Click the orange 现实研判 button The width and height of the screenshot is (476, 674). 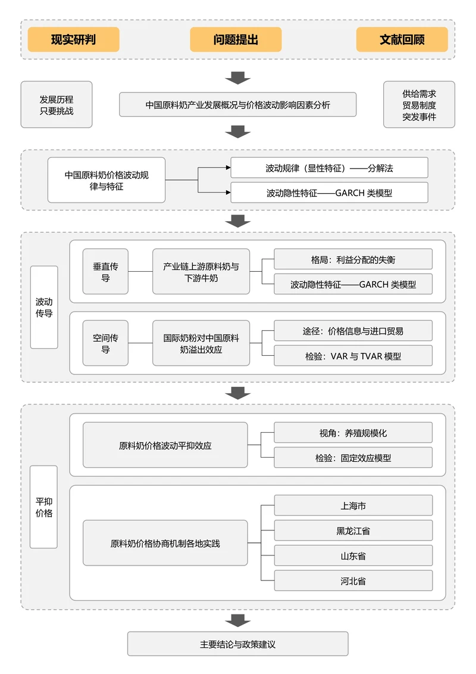73,40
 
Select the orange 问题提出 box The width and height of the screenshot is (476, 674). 236,40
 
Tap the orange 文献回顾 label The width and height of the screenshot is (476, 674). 402,40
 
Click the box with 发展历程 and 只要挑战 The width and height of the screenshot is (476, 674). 57,105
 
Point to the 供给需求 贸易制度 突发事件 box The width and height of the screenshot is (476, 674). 419,105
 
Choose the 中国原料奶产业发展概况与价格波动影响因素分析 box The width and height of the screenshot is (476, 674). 237,105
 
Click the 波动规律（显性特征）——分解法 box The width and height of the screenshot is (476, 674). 329,168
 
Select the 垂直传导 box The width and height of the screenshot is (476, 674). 105,272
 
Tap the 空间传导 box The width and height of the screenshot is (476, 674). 105,343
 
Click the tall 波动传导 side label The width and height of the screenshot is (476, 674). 44,307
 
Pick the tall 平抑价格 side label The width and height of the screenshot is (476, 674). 44,507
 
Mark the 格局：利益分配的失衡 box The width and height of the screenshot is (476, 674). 353,260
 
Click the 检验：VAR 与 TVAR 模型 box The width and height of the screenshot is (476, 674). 353,356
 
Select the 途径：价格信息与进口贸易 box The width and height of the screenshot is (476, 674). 353,331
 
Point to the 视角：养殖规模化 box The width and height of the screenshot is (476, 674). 353,433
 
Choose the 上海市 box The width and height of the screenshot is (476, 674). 353,506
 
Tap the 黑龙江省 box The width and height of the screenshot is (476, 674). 353,530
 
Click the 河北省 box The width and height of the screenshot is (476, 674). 353,580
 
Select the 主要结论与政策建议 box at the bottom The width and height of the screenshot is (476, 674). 237,644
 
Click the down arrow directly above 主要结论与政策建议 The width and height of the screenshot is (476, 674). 238,620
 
